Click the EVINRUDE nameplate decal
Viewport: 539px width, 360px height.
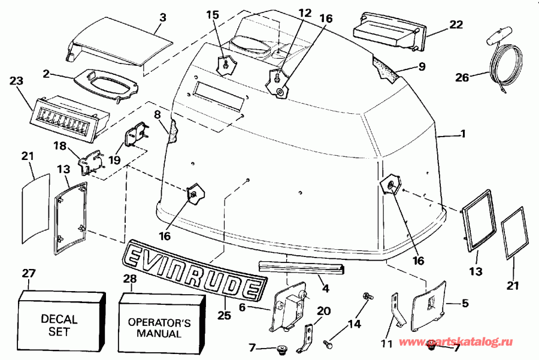point(195,269)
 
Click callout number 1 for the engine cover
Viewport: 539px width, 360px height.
point(462,134)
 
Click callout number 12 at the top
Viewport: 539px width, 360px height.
point(305,12)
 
